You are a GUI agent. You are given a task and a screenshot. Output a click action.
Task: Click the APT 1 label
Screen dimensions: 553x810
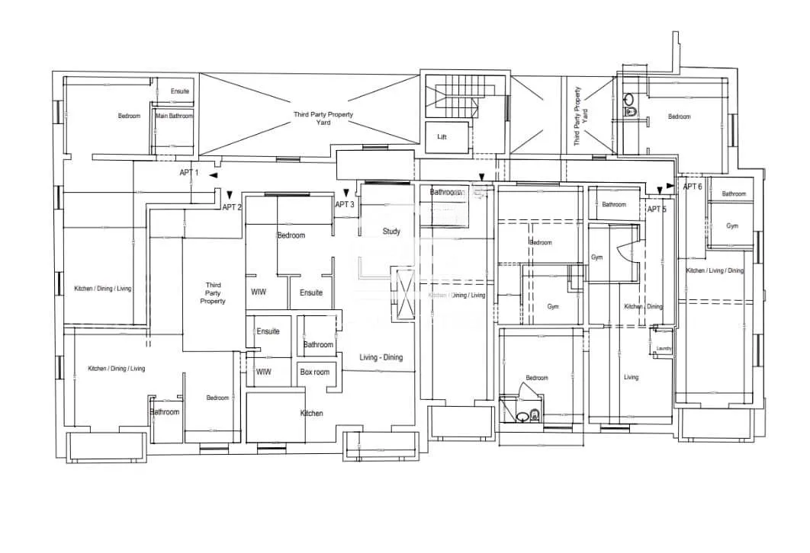188,173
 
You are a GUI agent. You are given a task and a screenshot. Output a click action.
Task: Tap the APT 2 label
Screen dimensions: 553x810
232,207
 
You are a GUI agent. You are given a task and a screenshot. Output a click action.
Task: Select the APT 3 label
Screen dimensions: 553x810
345,204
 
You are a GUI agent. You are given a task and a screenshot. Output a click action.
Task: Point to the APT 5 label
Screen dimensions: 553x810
657,209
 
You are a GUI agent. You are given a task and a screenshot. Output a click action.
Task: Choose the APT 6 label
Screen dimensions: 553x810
693,187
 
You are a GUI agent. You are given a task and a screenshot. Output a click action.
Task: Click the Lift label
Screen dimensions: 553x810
442,138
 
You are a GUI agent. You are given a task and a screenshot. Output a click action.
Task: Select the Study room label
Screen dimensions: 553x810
391,232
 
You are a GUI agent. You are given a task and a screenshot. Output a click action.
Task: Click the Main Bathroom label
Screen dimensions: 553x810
175,116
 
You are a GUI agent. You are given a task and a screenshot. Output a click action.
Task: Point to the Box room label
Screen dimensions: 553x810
315,372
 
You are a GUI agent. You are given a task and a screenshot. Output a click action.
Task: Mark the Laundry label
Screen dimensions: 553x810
664,349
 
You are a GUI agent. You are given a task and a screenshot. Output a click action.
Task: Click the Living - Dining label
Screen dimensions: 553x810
381,358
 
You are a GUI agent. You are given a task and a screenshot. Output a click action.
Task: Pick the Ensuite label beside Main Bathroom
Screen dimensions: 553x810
180,91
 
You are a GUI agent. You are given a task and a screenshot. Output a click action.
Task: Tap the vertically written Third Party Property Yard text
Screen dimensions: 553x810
581,117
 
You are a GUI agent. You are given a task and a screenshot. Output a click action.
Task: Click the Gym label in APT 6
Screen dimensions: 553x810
732,226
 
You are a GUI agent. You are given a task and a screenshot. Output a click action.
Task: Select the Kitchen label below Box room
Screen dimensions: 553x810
310,414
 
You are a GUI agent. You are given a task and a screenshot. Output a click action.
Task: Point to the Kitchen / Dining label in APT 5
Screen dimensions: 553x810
644,306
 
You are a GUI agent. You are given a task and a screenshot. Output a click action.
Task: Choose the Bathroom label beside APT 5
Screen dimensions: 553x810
614,204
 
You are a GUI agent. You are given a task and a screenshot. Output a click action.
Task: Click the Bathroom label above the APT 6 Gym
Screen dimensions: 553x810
734,194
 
